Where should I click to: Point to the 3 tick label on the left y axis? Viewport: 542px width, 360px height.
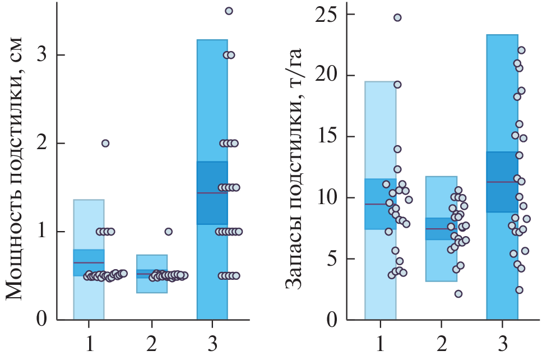(x=42, y=55)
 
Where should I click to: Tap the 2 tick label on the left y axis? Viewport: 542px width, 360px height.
(x=42, y=143)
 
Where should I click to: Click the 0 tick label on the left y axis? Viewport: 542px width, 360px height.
(x=42, y=320)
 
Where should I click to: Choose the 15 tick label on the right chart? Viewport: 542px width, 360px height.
(x=327, y=136)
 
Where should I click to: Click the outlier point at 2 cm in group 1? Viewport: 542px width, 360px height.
(x=105, y=143)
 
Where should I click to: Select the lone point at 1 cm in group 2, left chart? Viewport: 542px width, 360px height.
(x=168, y=231)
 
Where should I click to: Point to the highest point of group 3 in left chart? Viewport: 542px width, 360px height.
(x=229, y=11)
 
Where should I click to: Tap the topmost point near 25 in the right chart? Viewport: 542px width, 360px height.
(x=397, y=17)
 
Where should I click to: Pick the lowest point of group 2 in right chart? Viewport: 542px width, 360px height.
(x=458, y=294)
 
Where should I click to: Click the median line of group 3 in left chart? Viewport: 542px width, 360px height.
(x=212, y=193)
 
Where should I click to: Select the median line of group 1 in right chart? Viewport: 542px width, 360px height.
(x=380, y=204)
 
